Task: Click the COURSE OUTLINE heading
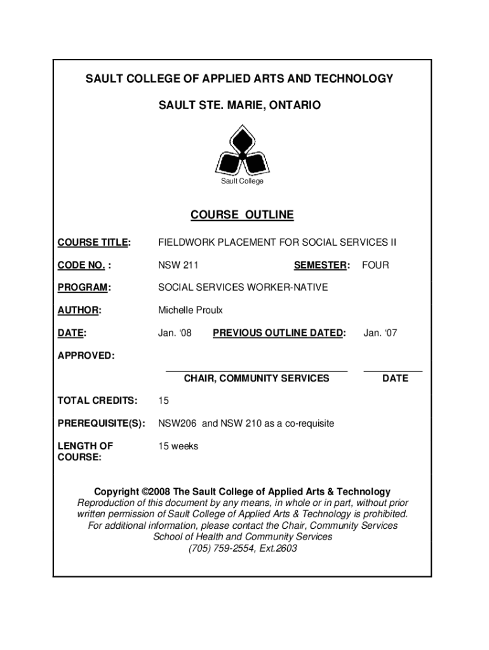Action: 242,215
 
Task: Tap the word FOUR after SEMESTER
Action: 375,265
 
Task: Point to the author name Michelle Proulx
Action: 191,310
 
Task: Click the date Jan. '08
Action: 175,333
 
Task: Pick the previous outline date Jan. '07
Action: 380,333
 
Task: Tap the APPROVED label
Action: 86,355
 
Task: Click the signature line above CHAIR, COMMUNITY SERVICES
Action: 257,370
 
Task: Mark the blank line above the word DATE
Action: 392,370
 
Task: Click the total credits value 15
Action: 163,401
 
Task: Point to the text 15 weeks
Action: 178,446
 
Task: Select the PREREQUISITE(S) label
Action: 102,423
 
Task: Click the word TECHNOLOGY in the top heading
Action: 353,79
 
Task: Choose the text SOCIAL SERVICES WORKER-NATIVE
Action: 243,288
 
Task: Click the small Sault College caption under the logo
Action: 242,182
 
